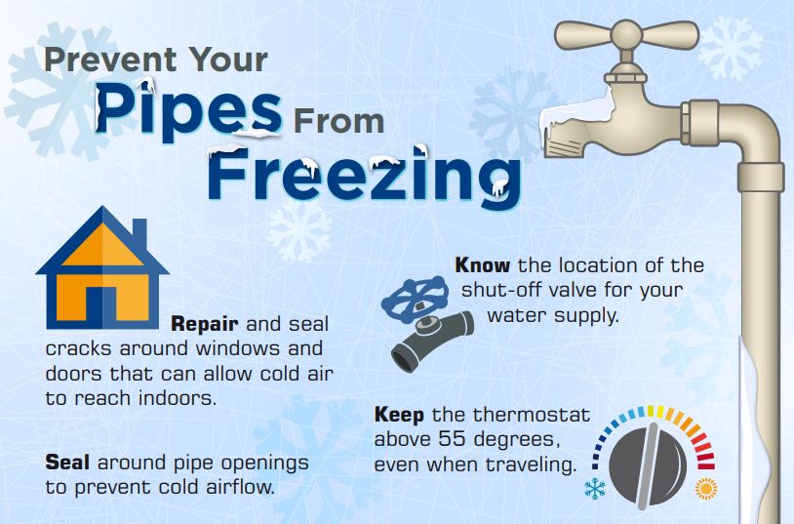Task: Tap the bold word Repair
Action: [207, 323]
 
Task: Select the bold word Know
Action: [483, 264]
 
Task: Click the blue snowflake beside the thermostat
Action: [594, 489]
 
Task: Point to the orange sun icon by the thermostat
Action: [704, 487]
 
